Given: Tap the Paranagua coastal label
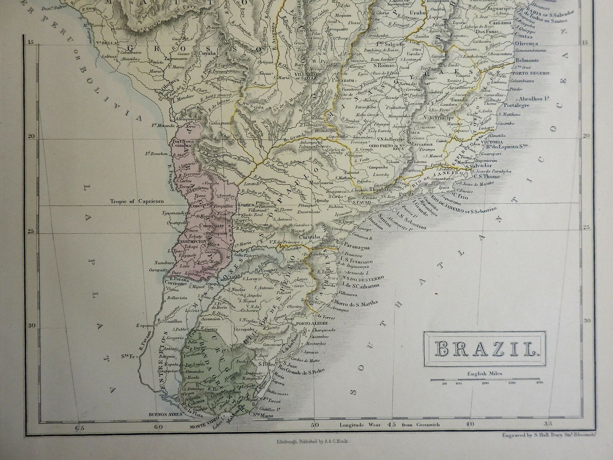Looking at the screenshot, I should [x=356, y=248].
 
